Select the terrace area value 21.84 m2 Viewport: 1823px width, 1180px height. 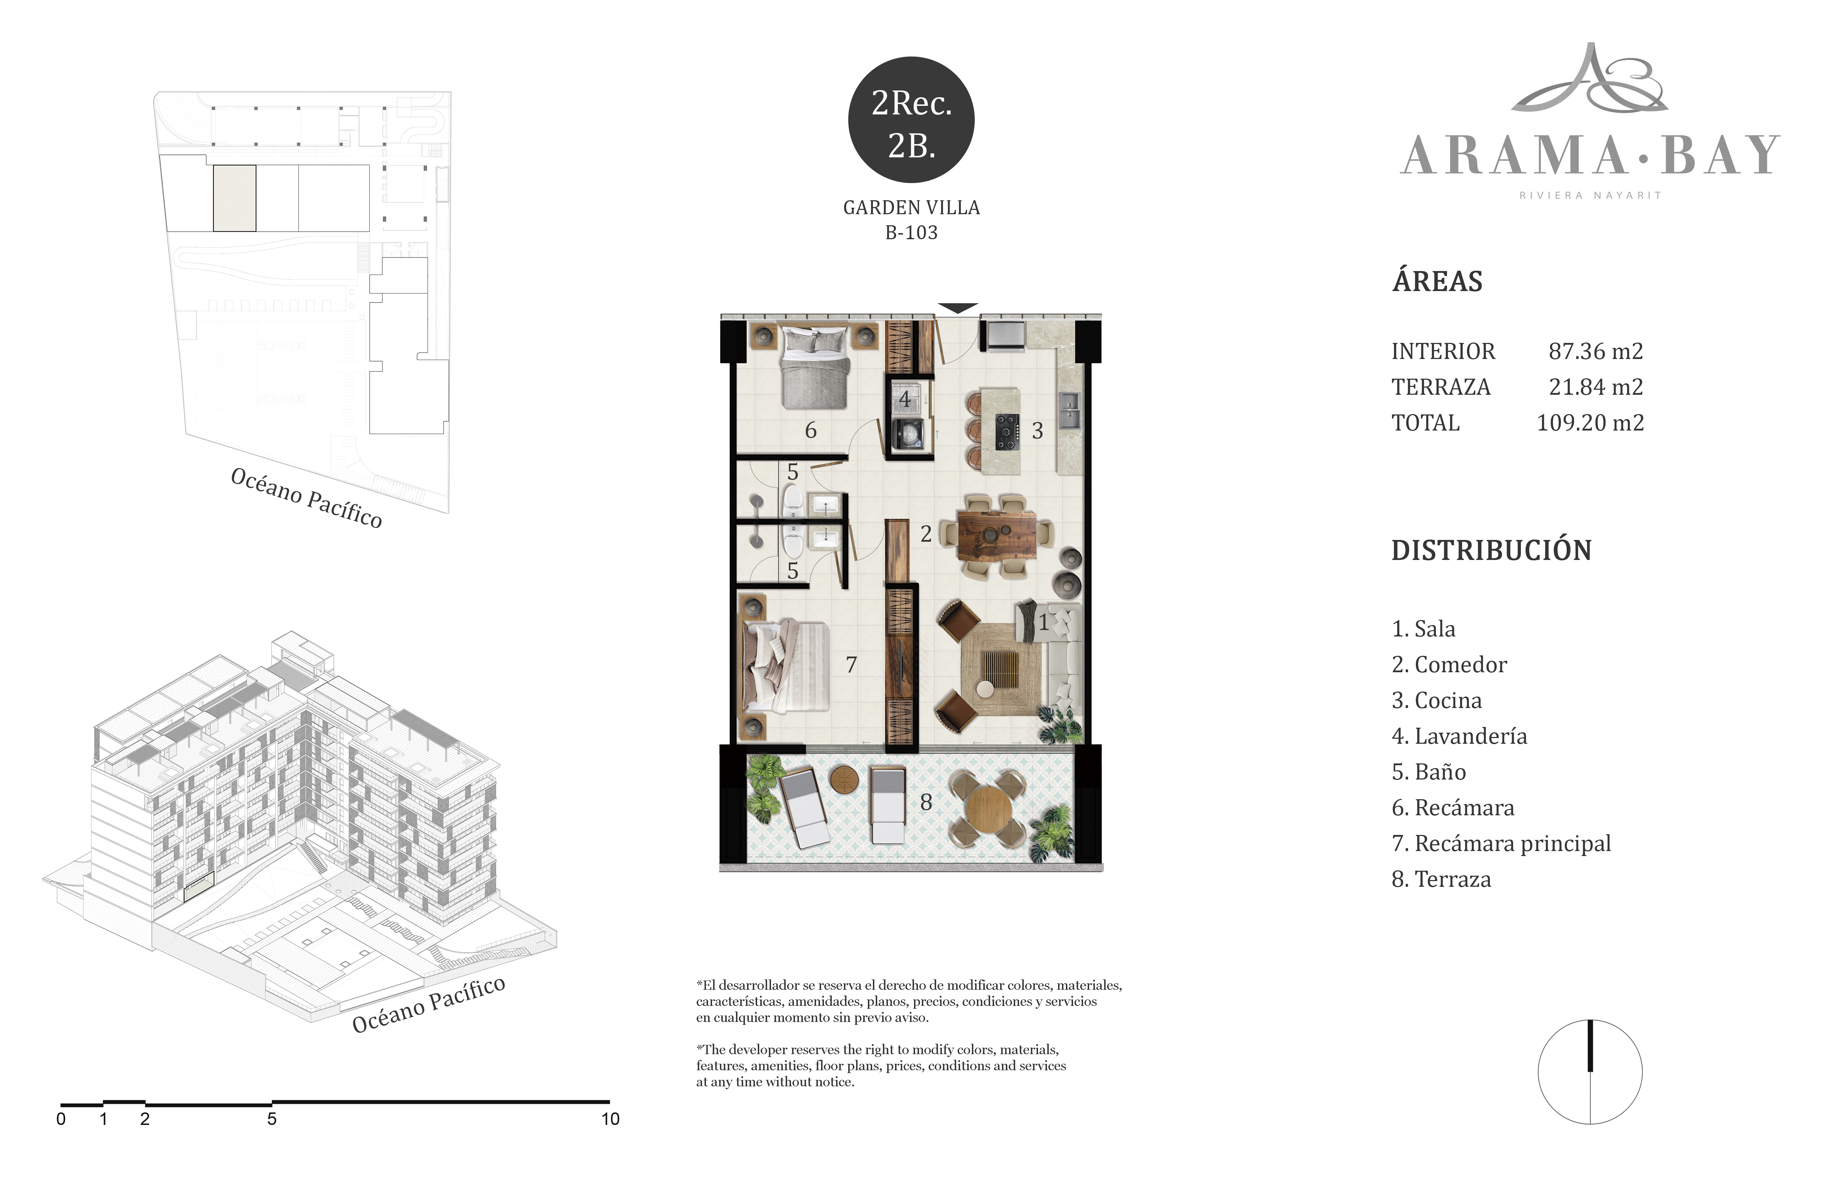click(1596, 387)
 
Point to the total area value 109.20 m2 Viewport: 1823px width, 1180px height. click(1590, 423)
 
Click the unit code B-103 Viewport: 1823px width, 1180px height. click(911, 232)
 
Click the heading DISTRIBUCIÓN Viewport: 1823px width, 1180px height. click(1491, 550)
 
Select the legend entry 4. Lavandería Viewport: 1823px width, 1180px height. click(1459, 736)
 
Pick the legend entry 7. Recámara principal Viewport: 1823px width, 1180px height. click(1501, 844)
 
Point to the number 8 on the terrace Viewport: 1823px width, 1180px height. click(926, 802)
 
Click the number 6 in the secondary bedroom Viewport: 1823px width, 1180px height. click(810, 431)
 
